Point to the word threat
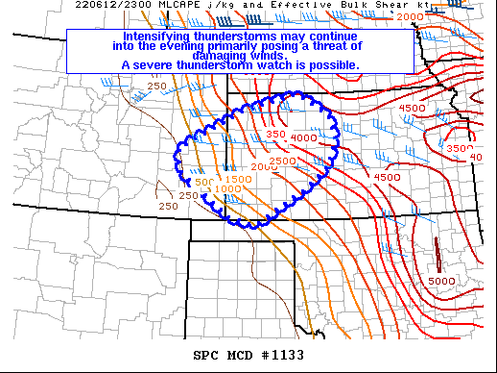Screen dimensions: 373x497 pyautogui.click(x=336, y=46)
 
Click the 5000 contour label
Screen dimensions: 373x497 pyautogui.click(x=441, y=281)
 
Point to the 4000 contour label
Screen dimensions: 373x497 pyautogui.click(x=303, y=138)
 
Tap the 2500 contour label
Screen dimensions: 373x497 pyautogui.click(x=283, y=161)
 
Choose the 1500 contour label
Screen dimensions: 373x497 pyautogui.click(x=238, y=180)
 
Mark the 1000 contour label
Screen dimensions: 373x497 pyautogui.click(x=227, y=188)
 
